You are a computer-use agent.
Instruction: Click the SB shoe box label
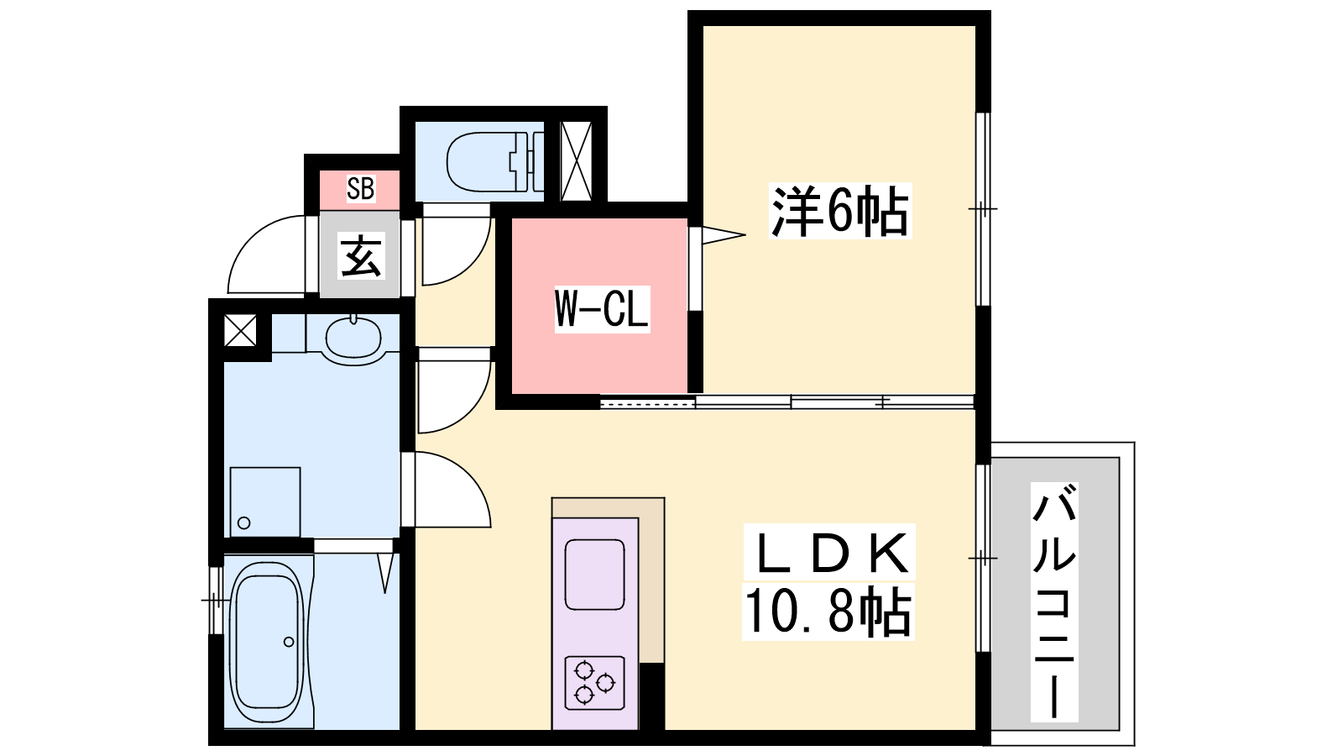click(360, 188)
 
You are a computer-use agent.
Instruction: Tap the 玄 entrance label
click(361, 256)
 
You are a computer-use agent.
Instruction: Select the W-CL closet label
click(601, 309)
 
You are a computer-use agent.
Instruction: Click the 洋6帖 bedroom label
click(839, 211)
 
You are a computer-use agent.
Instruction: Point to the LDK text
click(830, 554)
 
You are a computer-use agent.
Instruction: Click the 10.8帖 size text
click(828, 612)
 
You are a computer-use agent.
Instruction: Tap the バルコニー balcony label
click(1054, 601)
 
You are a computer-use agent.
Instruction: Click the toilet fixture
click(495, 160)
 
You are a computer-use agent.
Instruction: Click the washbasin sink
click(353, 338)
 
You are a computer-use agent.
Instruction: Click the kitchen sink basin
click(595, 575)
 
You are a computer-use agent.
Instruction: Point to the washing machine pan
click(265, 501)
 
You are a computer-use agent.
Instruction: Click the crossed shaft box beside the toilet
click(576, 160)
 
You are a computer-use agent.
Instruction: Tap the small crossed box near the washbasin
click(240, 331)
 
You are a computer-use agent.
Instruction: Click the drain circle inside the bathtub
click(289, 642)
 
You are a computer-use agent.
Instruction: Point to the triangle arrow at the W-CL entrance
click(724, 234)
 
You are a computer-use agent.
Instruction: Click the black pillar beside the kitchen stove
click(651, 696)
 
